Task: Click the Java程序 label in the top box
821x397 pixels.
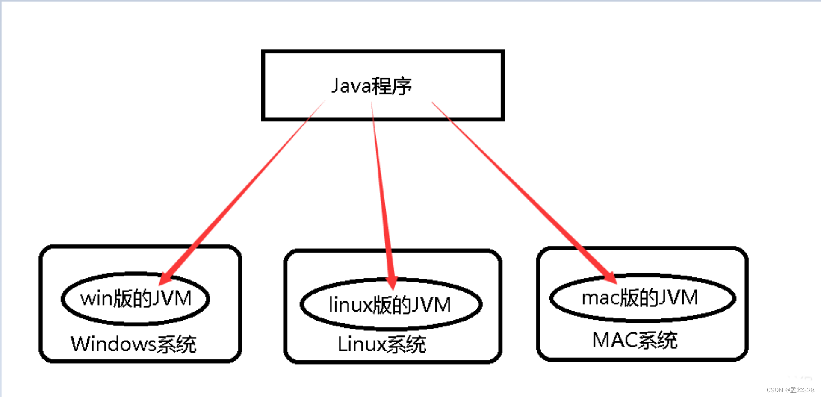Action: [x=371, y=86]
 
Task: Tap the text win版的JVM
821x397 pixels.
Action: [x=136, y=298]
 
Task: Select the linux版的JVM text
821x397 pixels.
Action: [x=390, y=305]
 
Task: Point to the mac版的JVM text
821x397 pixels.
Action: [x=640, y=297]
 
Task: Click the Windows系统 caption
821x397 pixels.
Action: [x=133, y=344]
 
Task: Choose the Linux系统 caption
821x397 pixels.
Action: [x=382, y=344]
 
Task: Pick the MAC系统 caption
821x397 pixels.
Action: [x=635, y=341]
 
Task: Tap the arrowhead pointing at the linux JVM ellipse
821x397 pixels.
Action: [x=391, y=283]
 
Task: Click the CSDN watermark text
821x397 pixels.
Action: [x=790, y=390]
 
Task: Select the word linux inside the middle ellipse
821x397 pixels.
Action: [x=350, y=305]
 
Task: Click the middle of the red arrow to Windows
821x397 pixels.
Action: [x=244, y=190]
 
